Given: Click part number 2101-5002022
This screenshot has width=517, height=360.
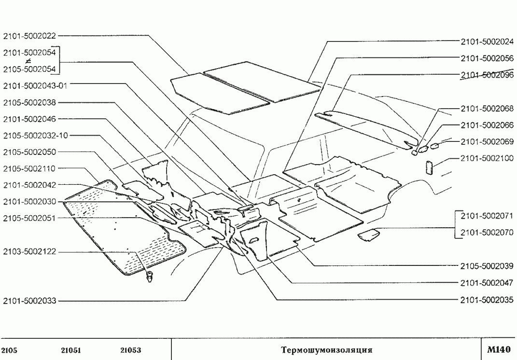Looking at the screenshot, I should [30, 36].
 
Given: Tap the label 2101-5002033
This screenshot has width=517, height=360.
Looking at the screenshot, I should [30, 301].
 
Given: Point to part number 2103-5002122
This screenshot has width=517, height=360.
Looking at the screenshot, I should [30, 251].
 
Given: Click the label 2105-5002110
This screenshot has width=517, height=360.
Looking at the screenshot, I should [30, 168].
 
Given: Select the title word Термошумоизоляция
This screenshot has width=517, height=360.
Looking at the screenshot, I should [326, 349].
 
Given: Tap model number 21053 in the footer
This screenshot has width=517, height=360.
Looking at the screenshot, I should [130, 350].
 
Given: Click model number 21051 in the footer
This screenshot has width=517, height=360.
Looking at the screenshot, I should [71, 350].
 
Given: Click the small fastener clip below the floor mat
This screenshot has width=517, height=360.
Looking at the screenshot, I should [150, 277].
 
